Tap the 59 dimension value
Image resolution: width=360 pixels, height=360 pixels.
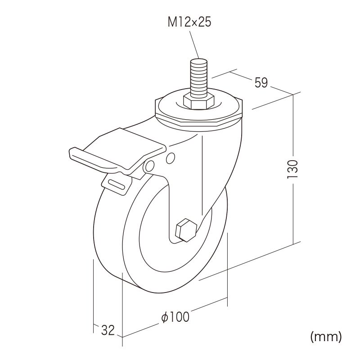pyautogui.click(x=261, y=82)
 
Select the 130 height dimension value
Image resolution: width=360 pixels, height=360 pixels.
pyautogui.click(x=293, y=169)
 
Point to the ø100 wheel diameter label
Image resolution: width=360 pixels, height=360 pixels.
pyautogui.click(x=175, y=317)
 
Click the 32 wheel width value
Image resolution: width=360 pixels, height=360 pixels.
pyautogui.click(x=108, y=330)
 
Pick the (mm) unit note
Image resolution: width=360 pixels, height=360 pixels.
pyautogui.click(x=326, y=337)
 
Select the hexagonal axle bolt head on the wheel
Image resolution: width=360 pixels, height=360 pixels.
pyautogui.click(x=186, y=230)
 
